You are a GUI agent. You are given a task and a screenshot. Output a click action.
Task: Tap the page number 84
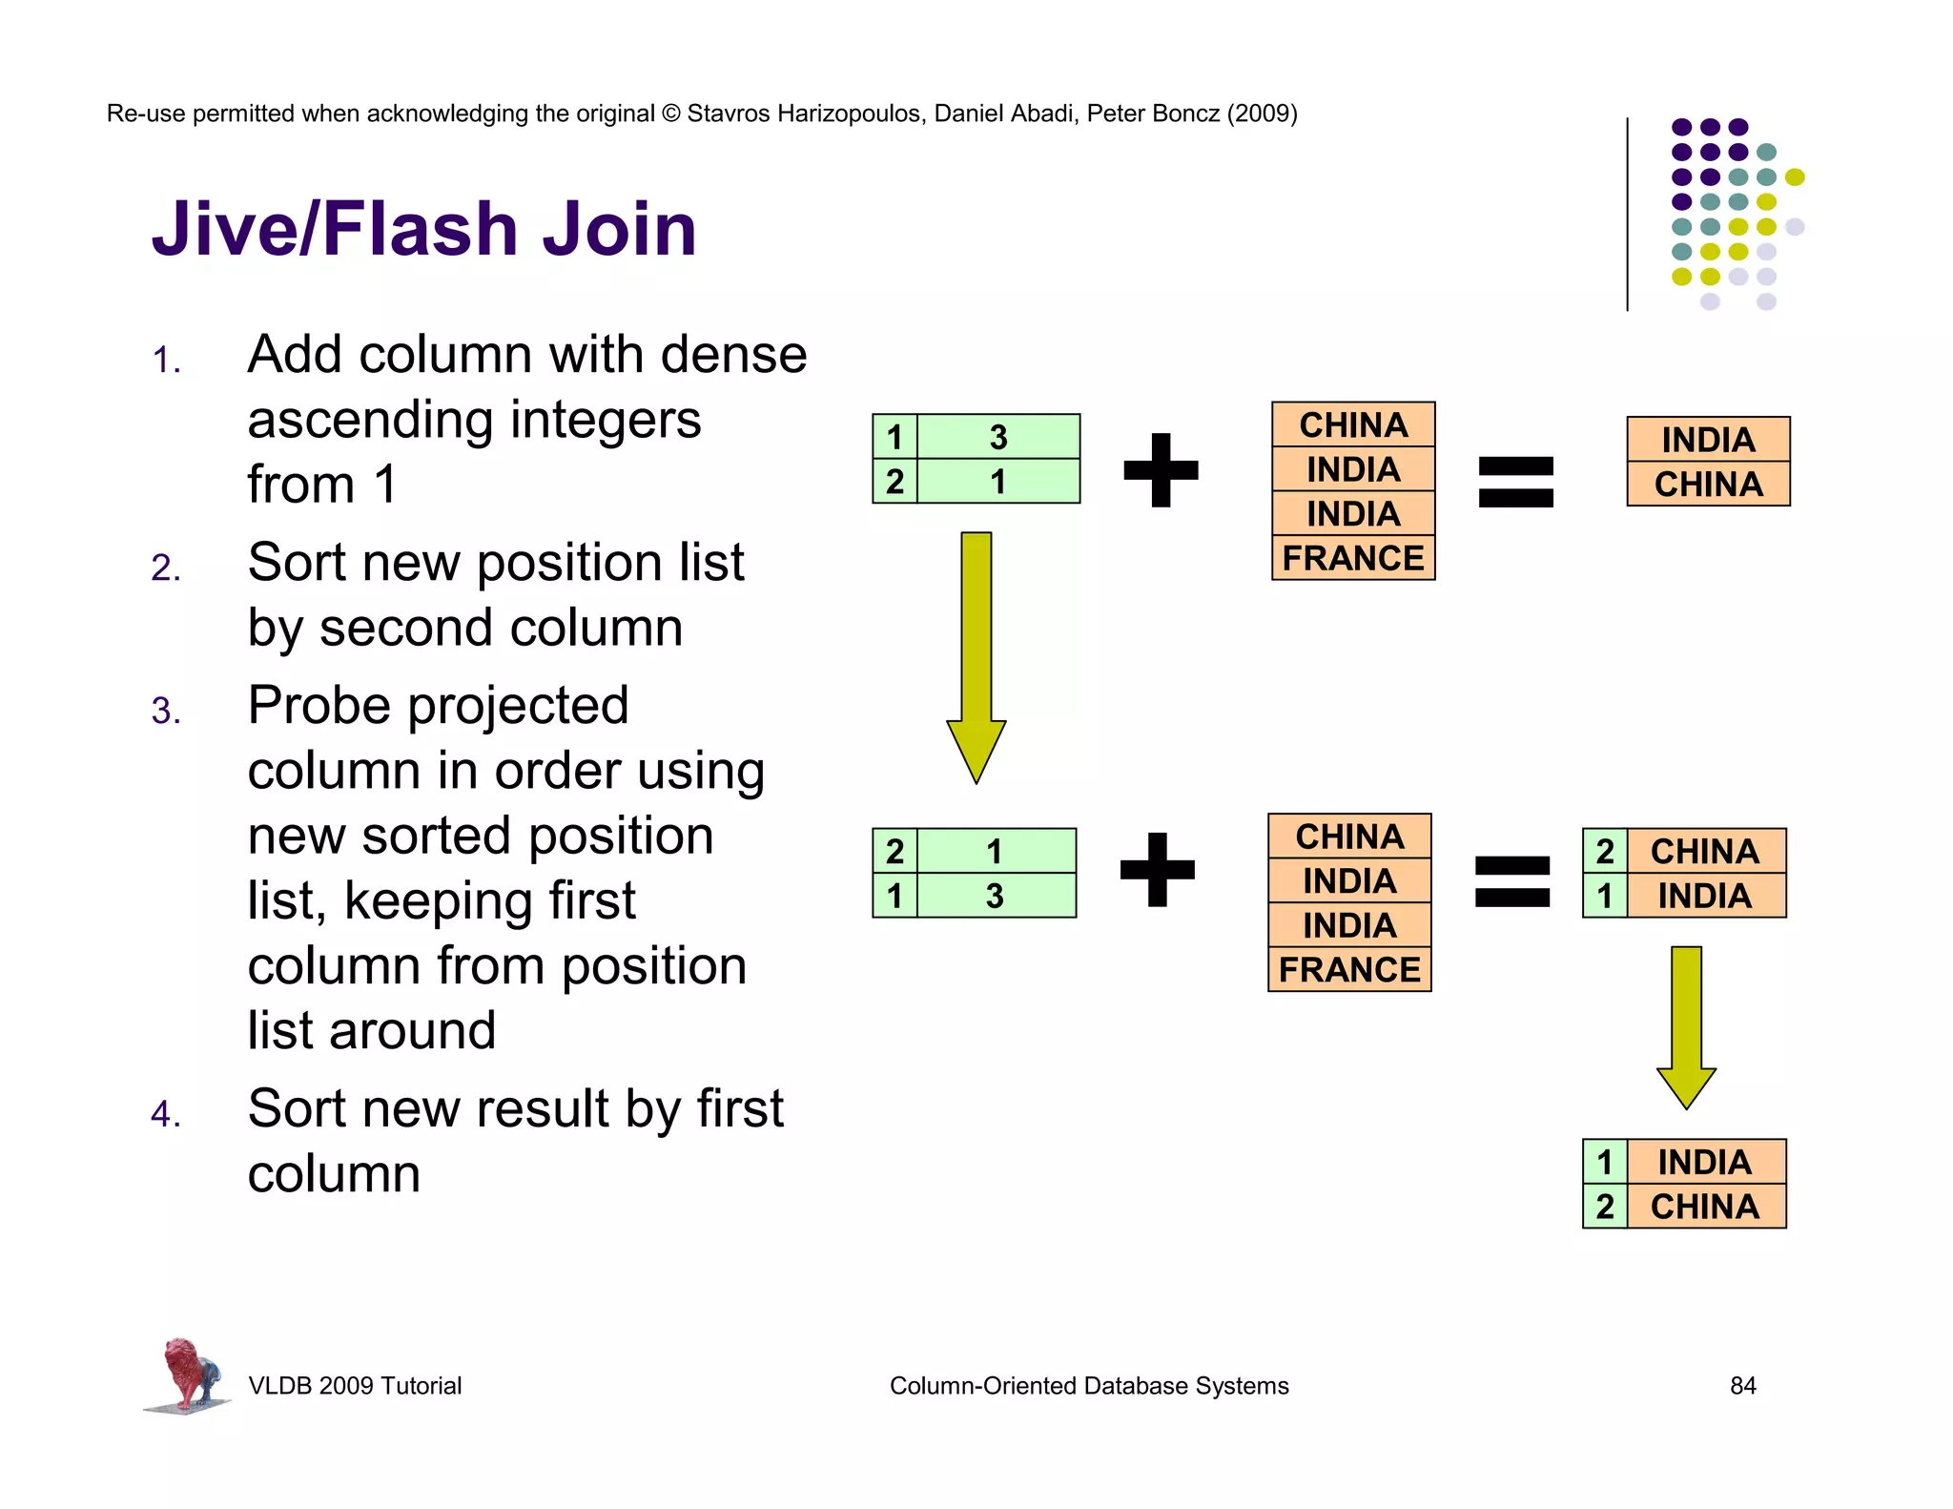(x=1742, y=1385)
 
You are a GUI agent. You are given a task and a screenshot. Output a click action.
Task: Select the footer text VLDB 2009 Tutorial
(x=355, y=1385)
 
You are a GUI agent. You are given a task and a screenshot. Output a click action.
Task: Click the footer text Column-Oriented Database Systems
(x=1088, y=1385)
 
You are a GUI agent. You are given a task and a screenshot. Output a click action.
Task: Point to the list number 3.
(x=166, y=711)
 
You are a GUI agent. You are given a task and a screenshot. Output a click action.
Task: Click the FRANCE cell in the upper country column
(x=1352, y=558)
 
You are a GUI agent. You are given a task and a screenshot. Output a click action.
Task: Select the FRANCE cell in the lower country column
(x=1348, y=969)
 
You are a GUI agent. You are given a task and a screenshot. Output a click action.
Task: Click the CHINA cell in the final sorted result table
(x=1704, y=1207)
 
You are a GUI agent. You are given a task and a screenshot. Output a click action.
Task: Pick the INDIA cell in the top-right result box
(x=1708, y=440)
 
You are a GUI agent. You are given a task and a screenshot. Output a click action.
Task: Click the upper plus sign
(x=1161, y=469)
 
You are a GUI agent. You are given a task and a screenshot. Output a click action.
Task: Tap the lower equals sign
(x=1511, y=880)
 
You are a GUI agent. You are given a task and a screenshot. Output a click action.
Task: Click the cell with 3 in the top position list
(x=997, y=437)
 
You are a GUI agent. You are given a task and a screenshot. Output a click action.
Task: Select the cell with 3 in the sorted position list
(x=995, y=896)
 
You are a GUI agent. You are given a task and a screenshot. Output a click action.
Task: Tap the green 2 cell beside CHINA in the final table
(x=1605, y=1207)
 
